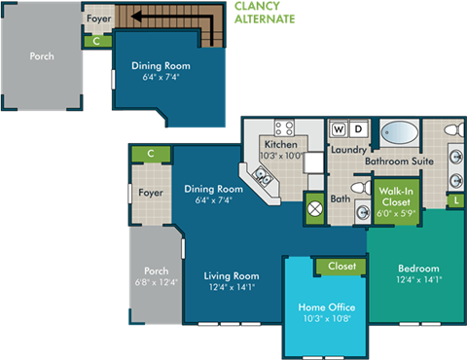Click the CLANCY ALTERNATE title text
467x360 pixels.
pos(264,12)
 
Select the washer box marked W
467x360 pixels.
pos(339,128)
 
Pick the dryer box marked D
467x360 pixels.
pos(357,128)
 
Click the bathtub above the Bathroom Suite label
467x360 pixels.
pos(399,131)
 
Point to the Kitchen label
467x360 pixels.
pos(280,144)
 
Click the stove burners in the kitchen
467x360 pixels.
pos(284,126)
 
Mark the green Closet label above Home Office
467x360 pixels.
pos(341,266)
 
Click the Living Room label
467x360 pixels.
pos(231,275)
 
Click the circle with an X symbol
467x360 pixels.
pos(315,206)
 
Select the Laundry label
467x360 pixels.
pos(348,150)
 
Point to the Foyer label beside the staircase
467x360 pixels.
pos(98,18)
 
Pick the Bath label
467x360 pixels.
pos(340,199)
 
